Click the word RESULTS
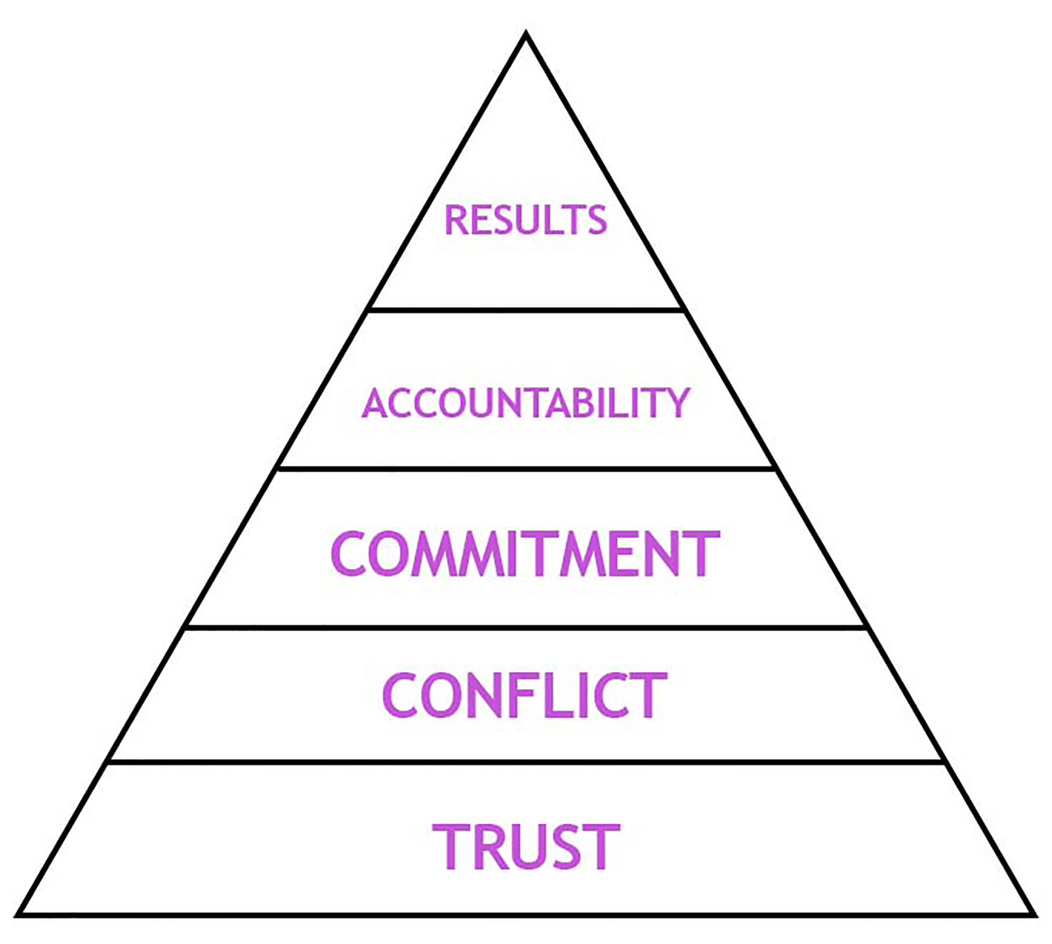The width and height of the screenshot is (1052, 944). point(526,220)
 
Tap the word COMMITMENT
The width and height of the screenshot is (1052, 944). point(525,553)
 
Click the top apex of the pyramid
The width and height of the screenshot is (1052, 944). point(525,36)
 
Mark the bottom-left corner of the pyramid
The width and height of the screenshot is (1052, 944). point(19,915)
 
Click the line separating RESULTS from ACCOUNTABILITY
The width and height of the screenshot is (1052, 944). point(526,310)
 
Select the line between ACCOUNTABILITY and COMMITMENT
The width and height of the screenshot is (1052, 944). point(526,468)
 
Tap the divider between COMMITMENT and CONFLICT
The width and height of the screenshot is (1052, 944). point(526,628)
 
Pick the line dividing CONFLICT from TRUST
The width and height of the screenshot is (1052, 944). point(526,761)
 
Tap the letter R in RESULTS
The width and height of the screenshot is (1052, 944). point(456,220)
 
